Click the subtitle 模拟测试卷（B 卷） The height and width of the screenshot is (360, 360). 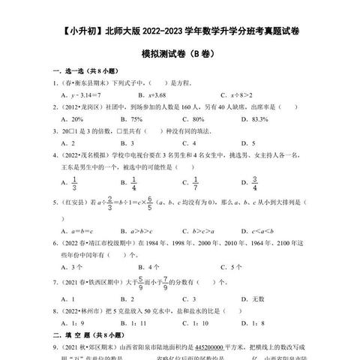[x=180, y=55]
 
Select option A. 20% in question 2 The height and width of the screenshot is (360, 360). [x=76, y=118]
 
